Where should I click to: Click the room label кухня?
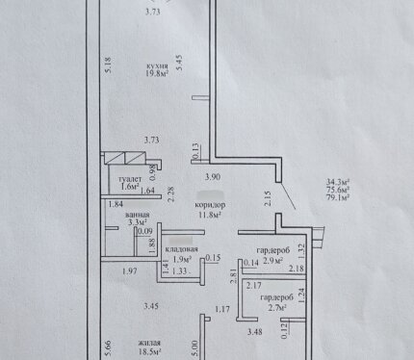(157, 66)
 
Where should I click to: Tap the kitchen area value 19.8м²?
(157, 73)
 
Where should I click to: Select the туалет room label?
(130, 179)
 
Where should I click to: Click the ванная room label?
(138, 215)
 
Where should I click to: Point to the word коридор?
(210, 205)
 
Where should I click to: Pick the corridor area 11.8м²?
(210, 215)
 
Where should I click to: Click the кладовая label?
(181, 249)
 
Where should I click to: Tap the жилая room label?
(149, 344)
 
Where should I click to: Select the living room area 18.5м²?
(149, 351)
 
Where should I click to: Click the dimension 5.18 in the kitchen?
(109, 65)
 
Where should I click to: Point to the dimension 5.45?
(180, 63)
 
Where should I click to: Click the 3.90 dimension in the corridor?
(213, 176)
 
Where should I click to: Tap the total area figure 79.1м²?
(338, 197)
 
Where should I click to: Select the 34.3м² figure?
(338, 182)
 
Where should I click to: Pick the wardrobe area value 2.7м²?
(277, 308)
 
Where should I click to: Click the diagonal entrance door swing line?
(288, 195)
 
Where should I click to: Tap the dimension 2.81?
(234, 276)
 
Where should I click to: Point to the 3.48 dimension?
(254, 332)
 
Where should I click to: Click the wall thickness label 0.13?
(196, 152)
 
